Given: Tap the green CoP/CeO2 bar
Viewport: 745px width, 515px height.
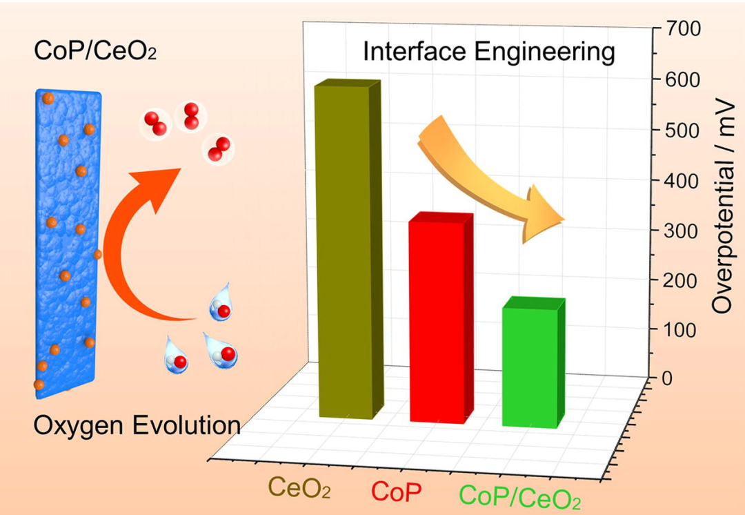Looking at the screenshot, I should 530,366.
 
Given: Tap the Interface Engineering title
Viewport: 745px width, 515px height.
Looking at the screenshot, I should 489,52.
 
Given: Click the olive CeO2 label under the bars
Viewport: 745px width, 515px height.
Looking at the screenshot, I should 299,487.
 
